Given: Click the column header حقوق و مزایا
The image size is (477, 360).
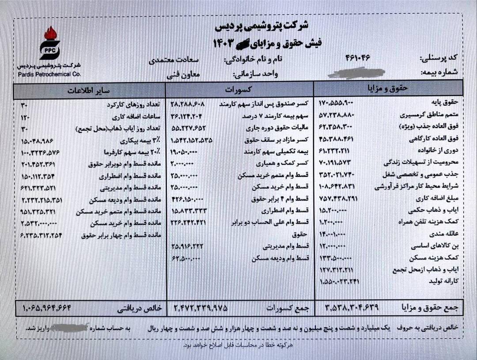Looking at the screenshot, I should pyautogui.click(x=388, y=88).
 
